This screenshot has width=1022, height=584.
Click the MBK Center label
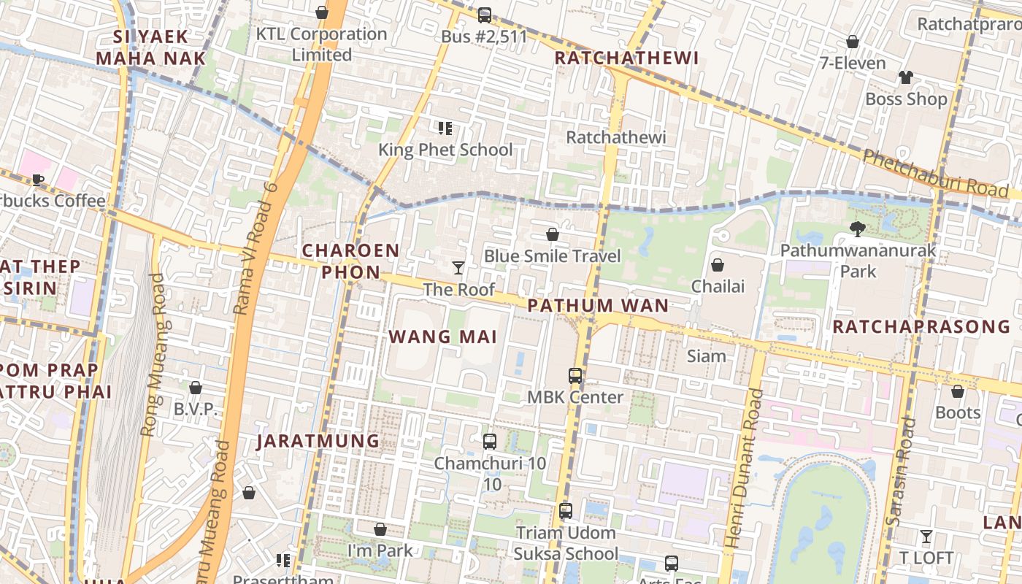coord(575,397)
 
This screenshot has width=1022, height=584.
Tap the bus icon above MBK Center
coord(575,376)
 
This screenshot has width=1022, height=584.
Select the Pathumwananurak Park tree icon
coord(858,229)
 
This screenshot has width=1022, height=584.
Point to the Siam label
coord(707,356)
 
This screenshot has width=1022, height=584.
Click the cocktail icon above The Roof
coord(458,268)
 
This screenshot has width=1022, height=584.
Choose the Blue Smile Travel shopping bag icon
coord(553,234)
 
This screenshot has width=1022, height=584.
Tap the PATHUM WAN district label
coord(598,306)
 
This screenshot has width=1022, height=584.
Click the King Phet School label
coord(445,150)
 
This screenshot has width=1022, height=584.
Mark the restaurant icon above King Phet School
coord(445,128)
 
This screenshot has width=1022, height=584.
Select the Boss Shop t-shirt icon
coord(906,77)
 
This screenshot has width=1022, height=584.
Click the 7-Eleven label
coord(853,63)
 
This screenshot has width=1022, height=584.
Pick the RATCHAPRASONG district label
coord(921,326)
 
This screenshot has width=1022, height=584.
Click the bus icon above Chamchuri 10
coord(490,442)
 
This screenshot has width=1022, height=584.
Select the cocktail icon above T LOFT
coord(926,537)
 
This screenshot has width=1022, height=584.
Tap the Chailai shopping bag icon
coord(718,265)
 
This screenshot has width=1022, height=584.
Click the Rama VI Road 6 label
coord(256,248)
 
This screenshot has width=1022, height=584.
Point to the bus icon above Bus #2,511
coord(485,15)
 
